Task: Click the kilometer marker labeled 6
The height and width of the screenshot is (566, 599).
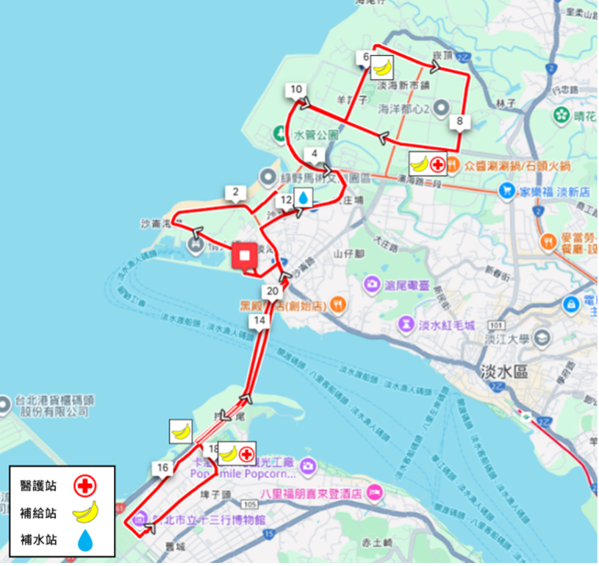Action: coord(366,57)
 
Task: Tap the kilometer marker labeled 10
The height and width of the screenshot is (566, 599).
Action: coord(295,90)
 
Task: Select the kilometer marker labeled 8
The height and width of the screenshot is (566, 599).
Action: coord(460,121)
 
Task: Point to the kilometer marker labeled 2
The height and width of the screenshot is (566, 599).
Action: coord(235,193)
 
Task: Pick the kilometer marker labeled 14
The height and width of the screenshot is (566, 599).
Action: coord(258,320)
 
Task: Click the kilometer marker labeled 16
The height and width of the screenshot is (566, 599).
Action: coord(162,467)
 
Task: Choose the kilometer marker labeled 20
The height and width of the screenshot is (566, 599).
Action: coord(273,290)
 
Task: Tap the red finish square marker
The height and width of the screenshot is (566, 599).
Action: coord(245,256)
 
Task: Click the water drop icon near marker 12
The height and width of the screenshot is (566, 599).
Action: coord(303,198)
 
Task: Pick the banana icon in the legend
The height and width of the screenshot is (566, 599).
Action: coord(85,512)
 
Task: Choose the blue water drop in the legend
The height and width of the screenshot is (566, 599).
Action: coord(85,540)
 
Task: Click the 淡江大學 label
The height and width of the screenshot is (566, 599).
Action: coord(507,340)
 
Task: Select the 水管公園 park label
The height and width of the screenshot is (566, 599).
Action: coord(316,135)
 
